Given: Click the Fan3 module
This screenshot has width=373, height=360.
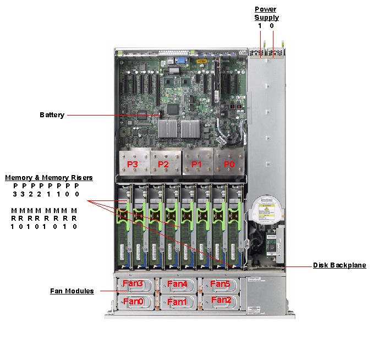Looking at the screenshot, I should [133, 284].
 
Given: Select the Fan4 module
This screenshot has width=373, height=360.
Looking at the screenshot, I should [178, 284].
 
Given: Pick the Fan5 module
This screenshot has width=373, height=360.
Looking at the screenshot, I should [220, 284].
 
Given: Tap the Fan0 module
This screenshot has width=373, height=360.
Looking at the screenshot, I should [133, 302].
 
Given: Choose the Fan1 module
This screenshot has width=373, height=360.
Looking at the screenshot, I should [178, 302].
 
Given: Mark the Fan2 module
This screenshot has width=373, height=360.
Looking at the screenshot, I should [221, 301].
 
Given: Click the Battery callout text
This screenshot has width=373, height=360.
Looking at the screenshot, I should [52, 115].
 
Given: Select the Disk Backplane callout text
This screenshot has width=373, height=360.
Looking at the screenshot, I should [339, 265].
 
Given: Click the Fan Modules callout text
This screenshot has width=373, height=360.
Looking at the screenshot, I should [72, 291].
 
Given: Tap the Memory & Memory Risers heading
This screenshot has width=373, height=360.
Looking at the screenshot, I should [48, 178].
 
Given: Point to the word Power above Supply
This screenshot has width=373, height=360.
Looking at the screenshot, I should [265, 9].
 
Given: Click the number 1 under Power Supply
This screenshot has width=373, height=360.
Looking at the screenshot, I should [259, 26].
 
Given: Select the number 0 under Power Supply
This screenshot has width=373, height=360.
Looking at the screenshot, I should [272, 26].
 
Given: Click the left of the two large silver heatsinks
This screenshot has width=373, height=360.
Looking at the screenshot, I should [168, 128].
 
